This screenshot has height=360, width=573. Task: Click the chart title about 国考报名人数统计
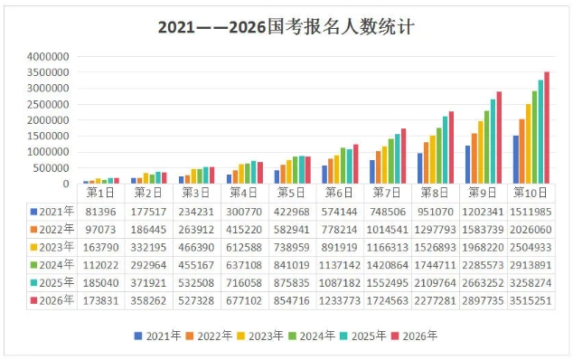point(286,26)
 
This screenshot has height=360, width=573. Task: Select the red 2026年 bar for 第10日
point(546,128)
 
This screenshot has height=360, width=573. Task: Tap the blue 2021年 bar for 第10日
point(515,159)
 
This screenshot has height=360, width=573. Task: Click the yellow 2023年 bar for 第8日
point(433,159)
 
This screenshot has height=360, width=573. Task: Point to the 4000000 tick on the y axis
point(48,56)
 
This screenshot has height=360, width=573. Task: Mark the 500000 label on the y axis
point(51,168)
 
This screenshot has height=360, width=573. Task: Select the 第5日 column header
point(291,193)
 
